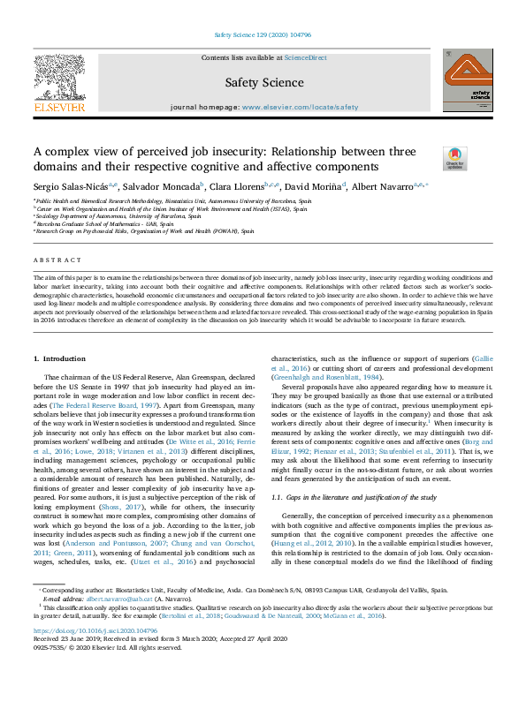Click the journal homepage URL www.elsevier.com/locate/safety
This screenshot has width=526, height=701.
pyautogui.click(x=301, y=107)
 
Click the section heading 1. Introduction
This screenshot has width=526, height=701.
pyautogui.click(x=60, y=359)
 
